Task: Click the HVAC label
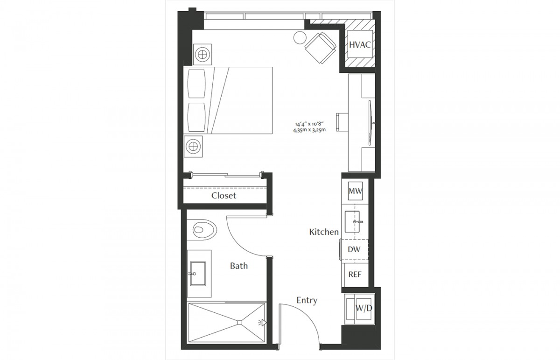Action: coord(360,45)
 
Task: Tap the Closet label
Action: coord(224,196)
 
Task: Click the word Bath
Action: coord(239,266)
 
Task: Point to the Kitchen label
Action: coord(324,232)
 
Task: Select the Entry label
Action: coord(307,300)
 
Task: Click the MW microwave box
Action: coord(355,191)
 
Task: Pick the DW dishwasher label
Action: coord(354,249)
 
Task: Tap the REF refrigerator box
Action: coord(355,275)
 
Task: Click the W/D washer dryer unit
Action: coord(359,309)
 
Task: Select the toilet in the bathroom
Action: coord(202,230)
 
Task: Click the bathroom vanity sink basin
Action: coord(198,274)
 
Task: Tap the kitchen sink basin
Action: coord(352,222)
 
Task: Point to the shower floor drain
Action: coord(239,323)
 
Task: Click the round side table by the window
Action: coord(300,37)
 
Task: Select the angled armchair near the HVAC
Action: coord(320,48)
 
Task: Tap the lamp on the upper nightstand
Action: coord(202,55)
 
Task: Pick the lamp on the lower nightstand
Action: coord(193,146)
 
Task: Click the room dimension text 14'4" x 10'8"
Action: coord(309,124)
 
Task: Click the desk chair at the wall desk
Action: coord(342,122)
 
